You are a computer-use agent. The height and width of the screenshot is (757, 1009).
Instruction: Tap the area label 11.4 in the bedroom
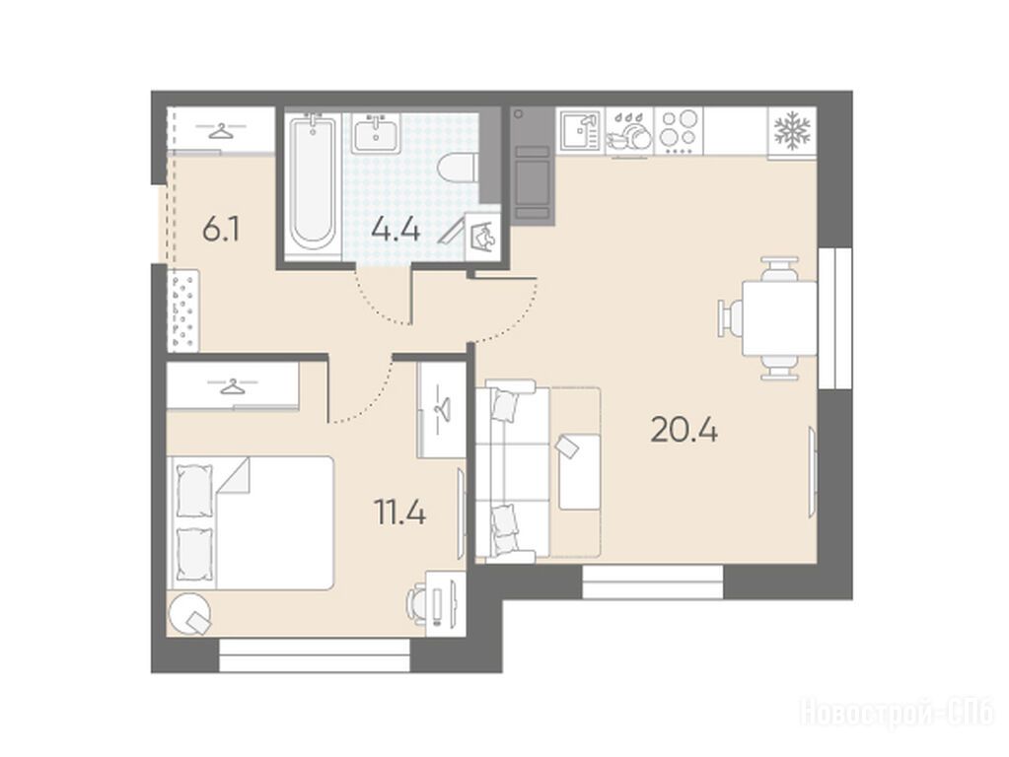399,513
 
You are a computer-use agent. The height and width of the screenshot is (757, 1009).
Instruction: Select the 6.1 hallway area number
221,230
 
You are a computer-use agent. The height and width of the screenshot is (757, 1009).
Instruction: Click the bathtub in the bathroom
313,183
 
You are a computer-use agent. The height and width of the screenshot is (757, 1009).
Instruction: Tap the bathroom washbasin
376,133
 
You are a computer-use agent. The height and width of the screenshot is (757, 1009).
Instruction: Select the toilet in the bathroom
458,170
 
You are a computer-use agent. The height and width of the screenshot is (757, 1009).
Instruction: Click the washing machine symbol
482,236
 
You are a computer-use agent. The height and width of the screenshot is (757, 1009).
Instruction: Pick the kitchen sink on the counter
580,131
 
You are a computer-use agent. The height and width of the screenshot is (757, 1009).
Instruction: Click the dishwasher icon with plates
628,132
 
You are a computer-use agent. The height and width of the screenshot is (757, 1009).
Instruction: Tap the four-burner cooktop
680,131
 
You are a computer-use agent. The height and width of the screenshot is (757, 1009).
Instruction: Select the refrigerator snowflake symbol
792,130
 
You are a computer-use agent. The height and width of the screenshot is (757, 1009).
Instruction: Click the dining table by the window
780,318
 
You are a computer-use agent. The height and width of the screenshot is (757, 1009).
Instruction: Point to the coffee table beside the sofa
579,471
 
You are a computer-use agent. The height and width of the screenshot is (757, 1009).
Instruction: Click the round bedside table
188,613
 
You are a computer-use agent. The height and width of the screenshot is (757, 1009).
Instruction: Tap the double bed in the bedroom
251,522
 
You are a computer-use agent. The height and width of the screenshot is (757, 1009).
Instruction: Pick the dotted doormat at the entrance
183,310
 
